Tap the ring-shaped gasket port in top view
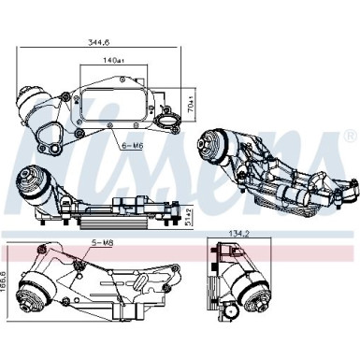coord(169,120)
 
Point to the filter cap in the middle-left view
coord(30,182)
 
